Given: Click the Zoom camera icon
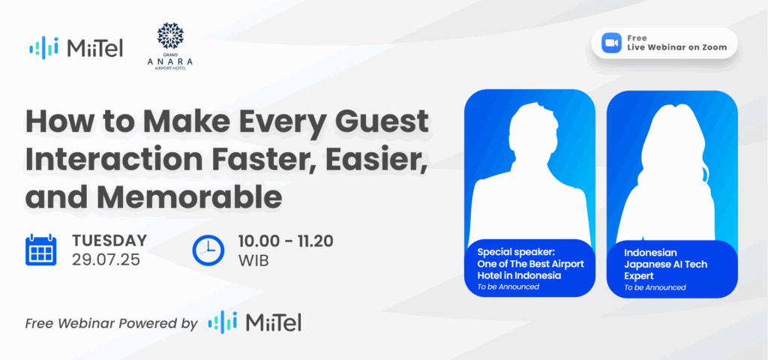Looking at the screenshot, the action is click(x=610, y=43).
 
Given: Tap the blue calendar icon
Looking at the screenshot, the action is click(x=40, y=250).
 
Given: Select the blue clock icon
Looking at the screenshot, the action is click(x=208, y=250).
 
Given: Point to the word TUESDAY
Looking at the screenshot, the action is click(x=109, y=241).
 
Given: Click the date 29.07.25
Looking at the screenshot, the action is click(x=106, y=259).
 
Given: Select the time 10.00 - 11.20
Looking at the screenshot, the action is click(x=286, y=241).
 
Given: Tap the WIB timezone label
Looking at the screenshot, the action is click(x=253, y=260).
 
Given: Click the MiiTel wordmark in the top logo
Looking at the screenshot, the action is click(x=94, y=48).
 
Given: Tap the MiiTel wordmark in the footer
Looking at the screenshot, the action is click(x=273, y=322).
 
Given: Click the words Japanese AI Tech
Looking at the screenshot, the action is click(x=665, y=265).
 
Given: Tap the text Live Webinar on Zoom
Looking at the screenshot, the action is click(x=676, y=47).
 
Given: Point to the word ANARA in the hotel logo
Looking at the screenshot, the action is click(x=170, y=61).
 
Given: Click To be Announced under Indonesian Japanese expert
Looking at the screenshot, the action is click(x=654, y=287).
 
